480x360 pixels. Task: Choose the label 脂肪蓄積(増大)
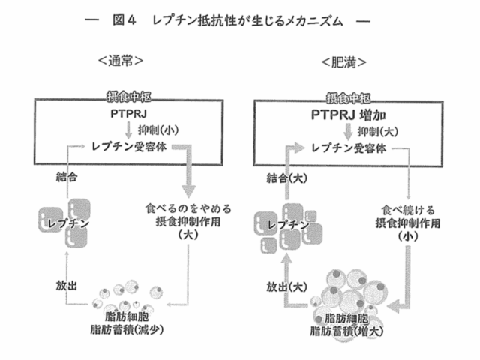(352, 330)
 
